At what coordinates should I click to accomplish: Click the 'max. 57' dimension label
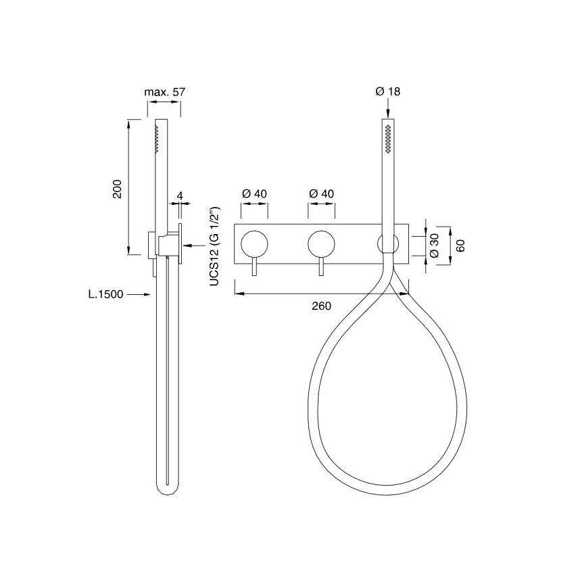point(164,91)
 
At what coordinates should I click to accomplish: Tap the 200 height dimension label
point(117,189)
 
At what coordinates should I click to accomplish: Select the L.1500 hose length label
point(105,294)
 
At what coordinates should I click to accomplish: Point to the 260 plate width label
point(321,306)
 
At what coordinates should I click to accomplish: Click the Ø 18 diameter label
point(388,91)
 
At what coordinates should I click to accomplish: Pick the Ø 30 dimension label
point(434,246)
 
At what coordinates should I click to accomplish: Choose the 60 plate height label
point(460,246)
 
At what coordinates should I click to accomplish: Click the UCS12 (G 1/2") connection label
point(215,247)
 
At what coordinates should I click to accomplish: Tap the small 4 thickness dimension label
point(180,195)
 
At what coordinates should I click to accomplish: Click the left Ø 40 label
point(254,193)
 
